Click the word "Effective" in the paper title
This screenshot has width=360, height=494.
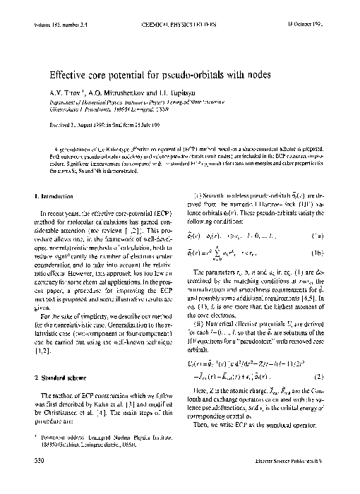click(x=68, y=71)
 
